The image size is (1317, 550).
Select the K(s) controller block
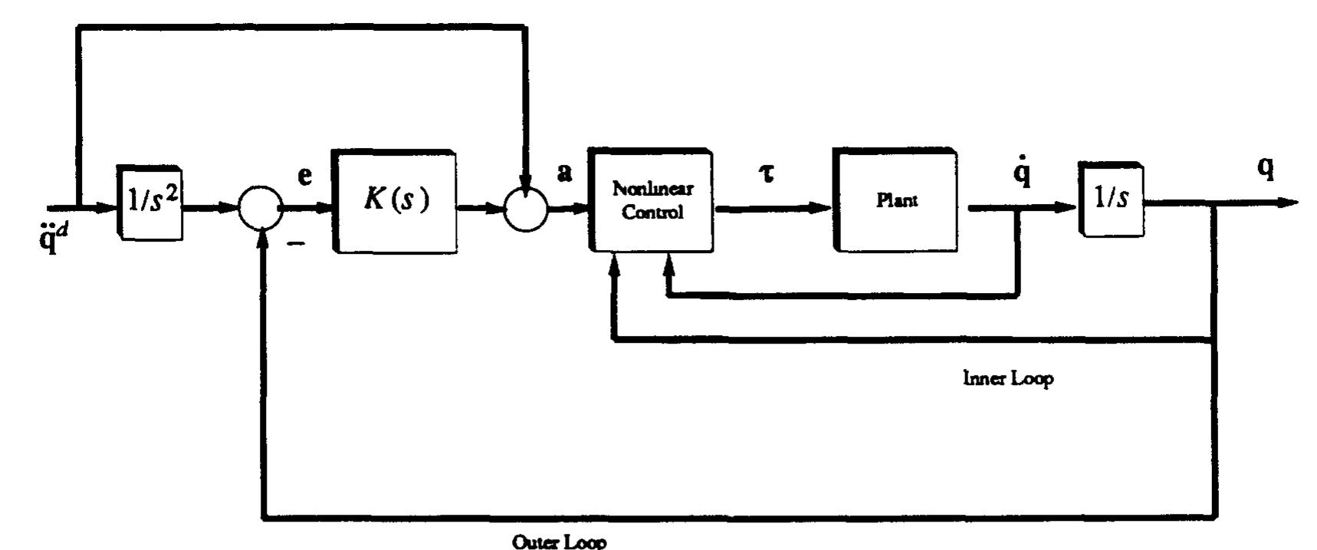(x=394, y=200)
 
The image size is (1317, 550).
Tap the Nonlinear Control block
(x=652, y=201)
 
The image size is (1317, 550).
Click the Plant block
(x=896, y=200)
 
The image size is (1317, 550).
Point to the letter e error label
(x=304, y=176)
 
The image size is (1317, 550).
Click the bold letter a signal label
(x=565, y=173)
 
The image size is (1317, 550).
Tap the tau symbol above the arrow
(x=766, y=174)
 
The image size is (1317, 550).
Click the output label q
(x=1266, y=170)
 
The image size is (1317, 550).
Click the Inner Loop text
(x=1008, y=378)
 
